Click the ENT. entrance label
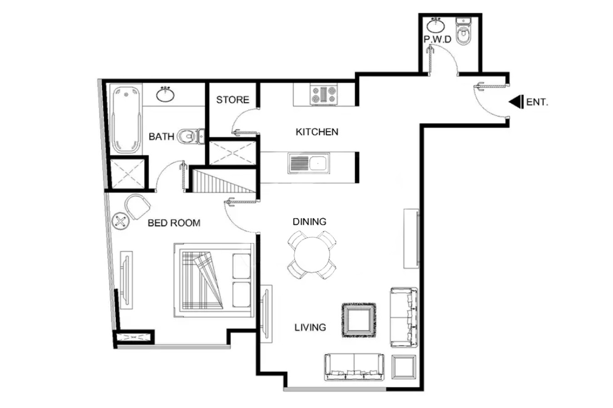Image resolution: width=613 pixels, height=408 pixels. (x=537, y=102)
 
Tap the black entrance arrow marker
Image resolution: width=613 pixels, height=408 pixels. (x=516, y=102)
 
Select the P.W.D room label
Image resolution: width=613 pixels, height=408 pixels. (x=437, y=39)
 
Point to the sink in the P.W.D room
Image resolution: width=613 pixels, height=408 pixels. (x=436, y=26)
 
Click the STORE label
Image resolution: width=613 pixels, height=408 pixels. (x=232, y=100)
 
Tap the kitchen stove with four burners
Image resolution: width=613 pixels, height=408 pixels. (x=324, y=95)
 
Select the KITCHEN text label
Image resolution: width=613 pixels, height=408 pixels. (x=317, y=132)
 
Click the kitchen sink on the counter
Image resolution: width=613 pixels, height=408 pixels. (x=308, y=163)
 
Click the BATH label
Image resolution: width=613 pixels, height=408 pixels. (x=162, y=136)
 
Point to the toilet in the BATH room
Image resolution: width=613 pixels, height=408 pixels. (x=191, y=136)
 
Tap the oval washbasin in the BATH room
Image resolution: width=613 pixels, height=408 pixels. (x=165, y=94)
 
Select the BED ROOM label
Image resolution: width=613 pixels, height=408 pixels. (x=174, y=223)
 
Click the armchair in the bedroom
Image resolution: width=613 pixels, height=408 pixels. (x=138, y=206)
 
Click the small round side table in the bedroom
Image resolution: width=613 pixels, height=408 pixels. (x=120, y=221)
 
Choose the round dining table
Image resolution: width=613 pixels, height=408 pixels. (x=311, y=255)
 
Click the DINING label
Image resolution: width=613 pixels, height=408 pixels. (x=310, y=222)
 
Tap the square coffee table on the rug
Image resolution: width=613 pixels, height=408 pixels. (x=359, y=320)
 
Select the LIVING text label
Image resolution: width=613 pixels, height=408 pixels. (x=310, y=327)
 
